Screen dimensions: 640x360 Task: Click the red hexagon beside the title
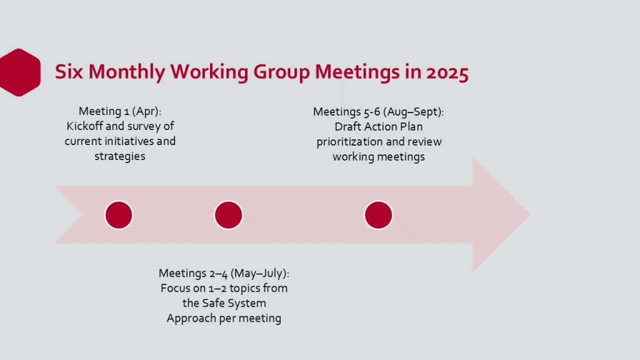(x=19, y=72)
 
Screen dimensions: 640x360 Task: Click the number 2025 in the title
(x=447, y=72)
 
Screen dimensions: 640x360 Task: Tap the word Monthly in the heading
(x=127, y=72)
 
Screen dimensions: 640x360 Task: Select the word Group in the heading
(x=282, y=72)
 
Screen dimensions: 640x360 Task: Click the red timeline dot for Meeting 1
(x=119, y=215)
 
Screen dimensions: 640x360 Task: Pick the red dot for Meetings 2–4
(x=229, y=215)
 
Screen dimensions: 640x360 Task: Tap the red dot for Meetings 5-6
(x=378, y=215)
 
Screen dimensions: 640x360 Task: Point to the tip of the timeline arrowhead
(x=530, y=214)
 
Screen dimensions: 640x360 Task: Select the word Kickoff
(x=85, y=126)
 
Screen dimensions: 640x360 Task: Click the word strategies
(x=120, y=156)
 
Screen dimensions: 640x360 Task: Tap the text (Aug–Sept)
(x=413, y=112)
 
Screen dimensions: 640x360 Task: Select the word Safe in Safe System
(x=212, y=303)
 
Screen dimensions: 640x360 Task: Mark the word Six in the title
(x=69, y=72)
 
